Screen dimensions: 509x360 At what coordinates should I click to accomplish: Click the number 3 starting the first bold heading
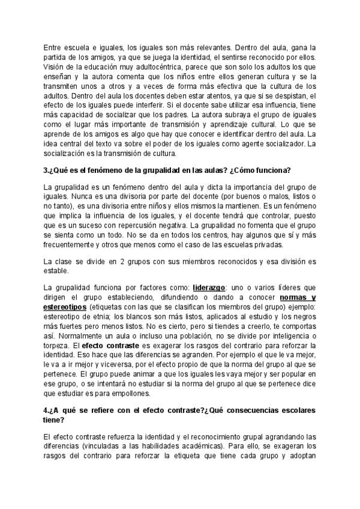[46, 170]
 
